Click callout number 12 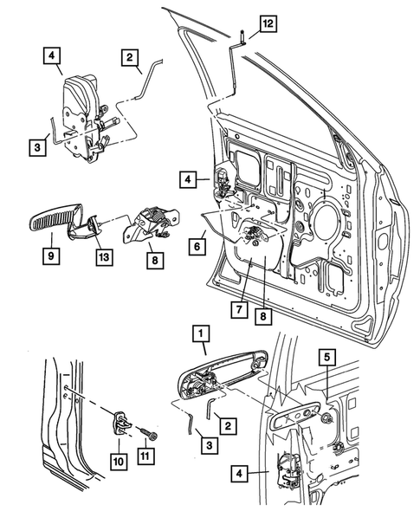(267, 25)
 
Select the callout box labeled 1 (200, 333)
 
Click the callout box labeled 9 (51, 256)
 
